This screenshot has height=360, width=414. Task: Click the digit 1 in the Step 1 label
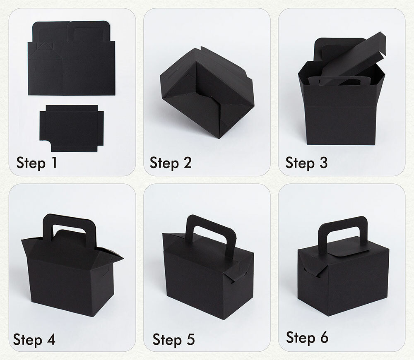(55, 162)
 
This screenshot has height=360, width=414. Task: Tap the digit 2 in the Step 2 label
(187, 162)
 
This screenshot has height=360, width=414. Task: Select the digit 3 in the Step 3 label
(323, 162)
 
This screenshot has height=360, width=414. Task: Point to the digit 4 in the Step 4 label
(51, 339)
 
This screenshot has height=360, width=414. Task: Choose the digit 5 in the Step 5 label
(190, 339)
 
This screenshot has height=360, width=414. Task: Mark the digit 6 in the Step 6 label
(324, 338)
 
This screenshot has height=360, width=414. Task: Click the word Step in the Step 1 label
(31, 163)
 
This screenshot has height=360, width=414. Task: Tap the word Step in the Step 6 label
(301, 338)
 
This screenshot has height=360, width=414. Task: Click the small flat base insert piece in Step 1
(72, 128)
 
